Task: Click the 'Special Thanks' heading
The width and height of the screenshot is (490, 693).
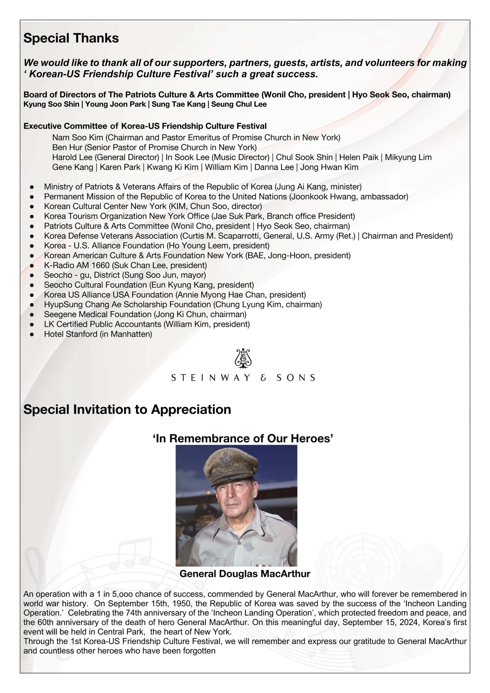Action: [71, 38]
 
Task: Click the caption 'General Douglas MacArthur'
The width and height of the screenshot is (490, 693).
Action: [245, 574]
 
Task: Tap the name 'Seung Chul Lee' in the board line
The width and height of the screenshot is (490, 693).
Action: [239, 104]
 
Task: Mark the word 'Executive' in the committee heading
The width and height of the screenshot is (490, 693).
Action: [42, 126]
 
